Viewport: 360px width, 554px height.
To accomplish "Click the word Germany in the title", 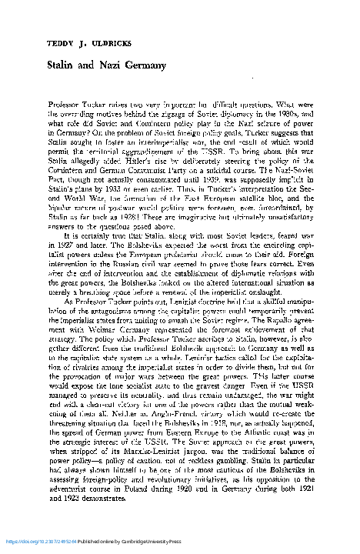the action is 145,67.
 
